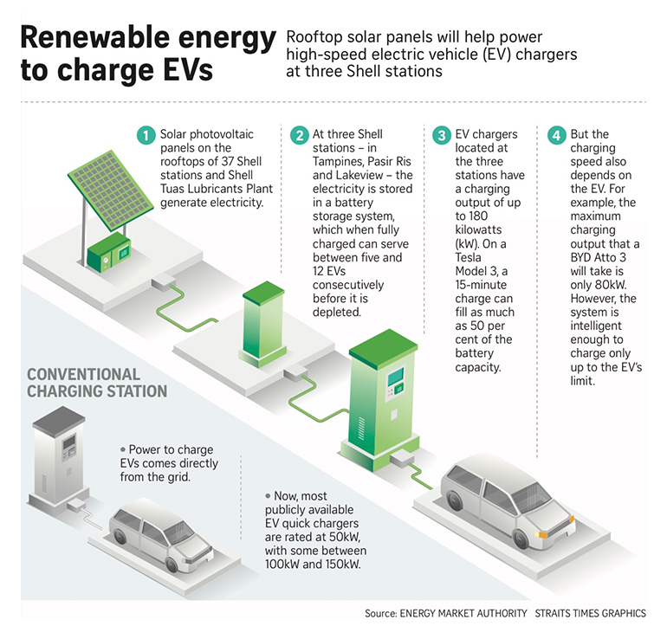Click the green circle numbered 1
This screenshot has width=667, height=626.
[146, 135]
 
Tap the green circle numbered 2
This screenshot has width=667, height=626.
[299, 135]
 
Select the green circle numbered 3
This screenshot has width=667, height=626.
[442, 135]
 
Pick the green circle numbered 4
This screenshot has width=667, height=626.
[556, 135]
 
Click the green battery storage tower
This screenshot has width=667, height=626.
[263, 324]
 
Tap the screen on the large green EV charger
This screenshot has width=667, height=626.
[396, 377]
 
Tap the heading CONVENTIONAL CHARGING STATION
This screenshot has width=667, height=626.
[97, 383]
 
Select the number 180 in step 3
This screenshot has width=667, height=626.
[478, 216]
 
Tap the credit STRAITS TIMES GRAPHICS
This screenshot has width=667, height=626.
[590, 613]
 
